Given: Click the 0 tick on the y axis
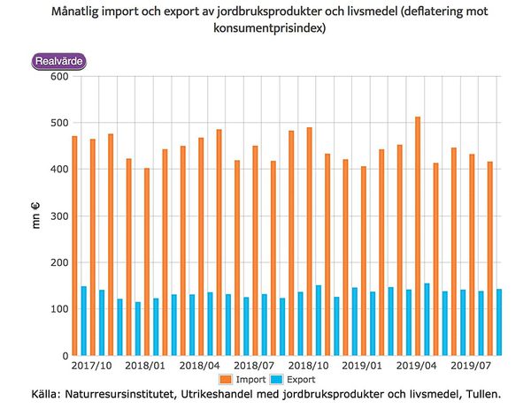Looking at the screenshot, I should (x=61, y=356).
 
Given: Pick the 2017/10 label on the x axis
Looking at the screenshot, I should (x=92, y=365).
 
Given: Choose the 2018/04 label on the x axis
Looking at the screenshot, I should (x=201, y=365).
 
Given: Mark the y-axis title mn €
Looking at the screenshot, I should (x=36, y=216).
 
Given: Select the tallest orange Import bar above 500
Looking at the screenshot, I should (x=418, y=236).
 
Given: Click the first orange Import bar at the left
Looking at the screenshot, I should (x=74, y=246).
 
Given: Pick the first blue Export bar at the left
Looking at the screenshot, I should (x=83, y=321).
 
